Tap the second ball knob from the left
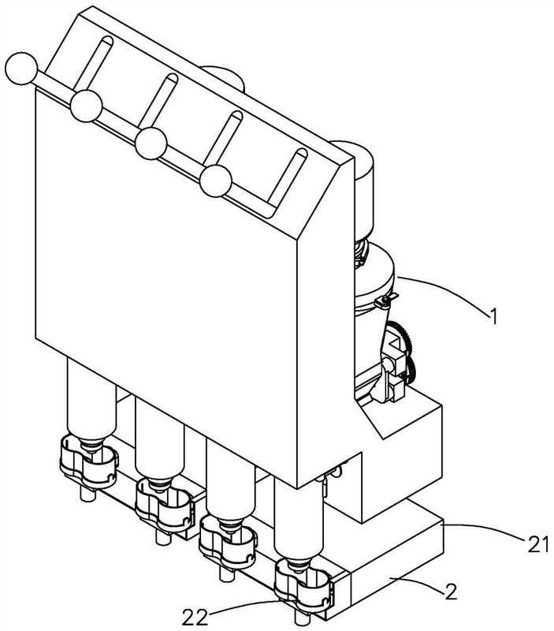(x=86, y=104)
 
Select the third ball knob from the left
(x=151, y=142)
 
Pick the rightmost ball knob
(x=215, y=181)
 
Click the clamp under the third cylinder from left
(x=229, y=543)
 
